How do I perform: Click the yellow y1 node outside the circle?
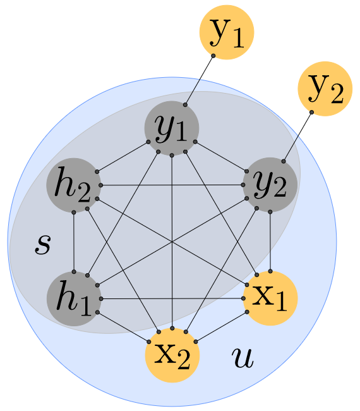[x=227, y=32]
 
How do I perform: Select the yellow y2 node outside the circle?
[x=323, y=90]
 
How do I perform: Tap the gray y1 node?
[x=172, y=127]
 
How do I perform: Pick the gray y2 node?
[x=270, y=184]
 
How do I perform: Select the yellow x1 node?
[x=270, y=298]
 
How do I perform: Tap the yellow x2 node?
[x=172, y=355]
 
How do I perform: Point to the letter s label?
[x=42, y=245]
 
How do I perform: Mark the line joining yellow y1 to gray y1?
[x=200, y=80]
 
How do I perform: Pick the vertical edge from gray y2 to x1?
[x=270, y=241]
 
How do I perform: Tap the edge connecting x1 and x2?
[x=221, y=327]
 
